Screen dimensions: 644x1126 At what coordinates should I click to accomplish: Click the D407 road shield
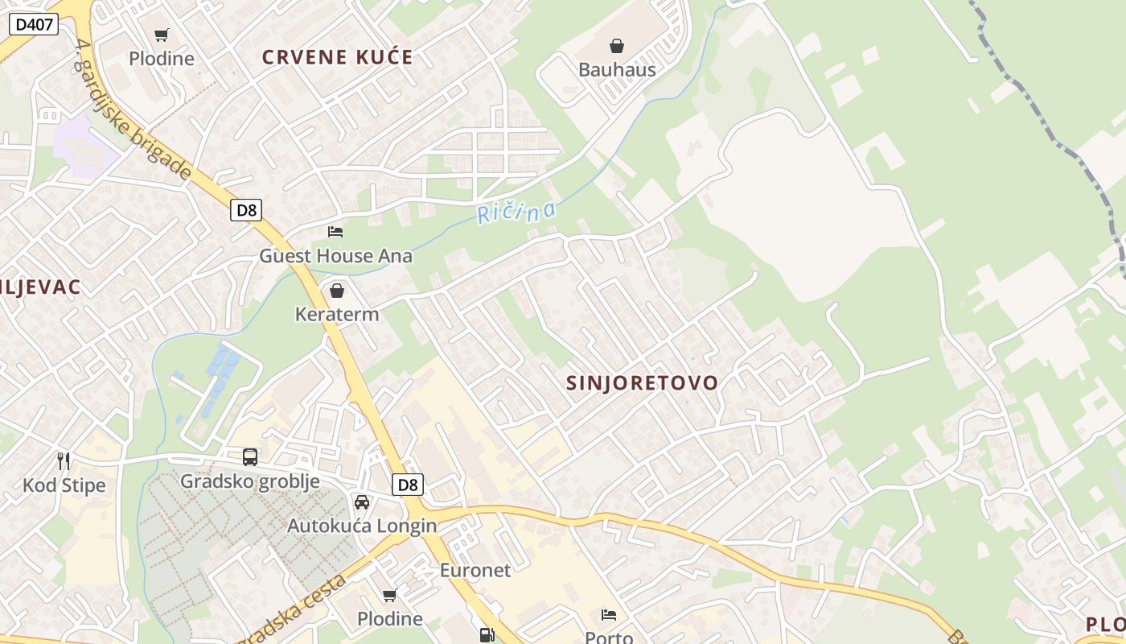coord(34,24)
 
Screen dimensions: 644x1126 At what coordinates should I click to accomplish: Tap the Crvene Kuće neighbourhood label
coord(338,57)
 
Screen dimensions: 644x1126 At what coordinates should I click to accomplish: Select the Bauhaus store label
coord(617,69)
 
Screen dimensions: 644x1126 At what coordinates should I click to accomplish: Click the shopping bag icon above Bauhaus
coord(617,46)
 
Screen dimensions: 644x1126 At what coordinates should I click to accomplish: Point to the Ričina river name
coord(516,212)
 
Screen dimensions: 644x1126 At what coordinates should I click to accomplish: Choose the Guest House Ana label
coord(335,256)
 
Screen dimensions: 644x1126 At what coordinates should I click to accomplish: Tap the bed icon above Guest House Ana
coord(335,232)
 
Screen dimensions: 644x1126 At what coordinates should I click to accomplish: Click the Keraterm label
coord(337,314)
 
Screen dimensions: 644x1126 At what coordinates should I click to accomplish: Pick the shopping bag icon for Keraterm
coord(337,290)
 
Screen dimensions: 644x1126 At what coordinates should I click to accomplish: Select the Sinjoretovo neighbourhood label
coord(642,383)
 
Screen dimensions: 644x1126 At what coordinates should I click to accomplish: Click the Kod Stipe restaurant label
coord(64,485)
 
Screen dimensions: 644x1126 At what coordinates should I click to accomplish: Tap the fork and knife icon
coord(64,461)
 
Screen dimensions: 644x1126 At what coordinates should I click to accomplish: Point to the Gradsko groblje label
coord(250,481)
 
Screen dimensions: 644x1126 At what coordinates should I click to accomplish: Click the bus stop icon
coord(250,457)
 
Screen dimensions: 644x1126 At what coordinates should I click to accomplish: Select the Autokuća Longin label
coord(362,526)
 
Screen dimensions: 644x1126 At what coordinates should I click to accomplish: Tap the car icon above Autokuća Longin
coord(362,502)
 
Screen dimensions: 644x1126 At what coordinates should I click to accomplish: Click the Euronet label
coord(475,571)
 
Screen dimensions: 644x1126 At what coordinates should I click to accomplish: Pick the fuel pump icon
coord(487,635)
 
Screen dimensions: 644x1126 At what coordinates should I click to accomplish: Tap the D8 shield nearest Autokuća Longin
coord(408,485)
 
